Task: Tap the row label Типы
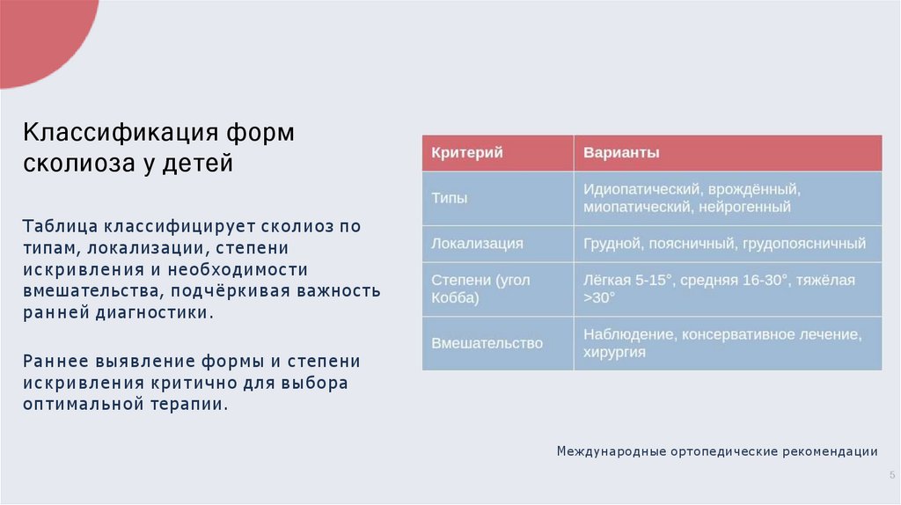click(x=449, y=198)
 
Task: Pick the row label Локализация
click(x=477, y=244)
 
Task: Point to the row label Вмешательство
click(x=487, y=343)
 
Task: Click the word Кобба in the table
click(x=455, y=298)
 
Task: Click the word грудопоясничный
click(x=804, y=244)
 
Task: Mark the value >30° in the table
click(x=599, y=298)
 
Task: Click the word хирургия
click(x=614, y=353)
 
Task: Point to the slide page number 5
click(x=891, y=475)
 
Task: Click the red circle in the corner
click(x=40, y=35)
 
